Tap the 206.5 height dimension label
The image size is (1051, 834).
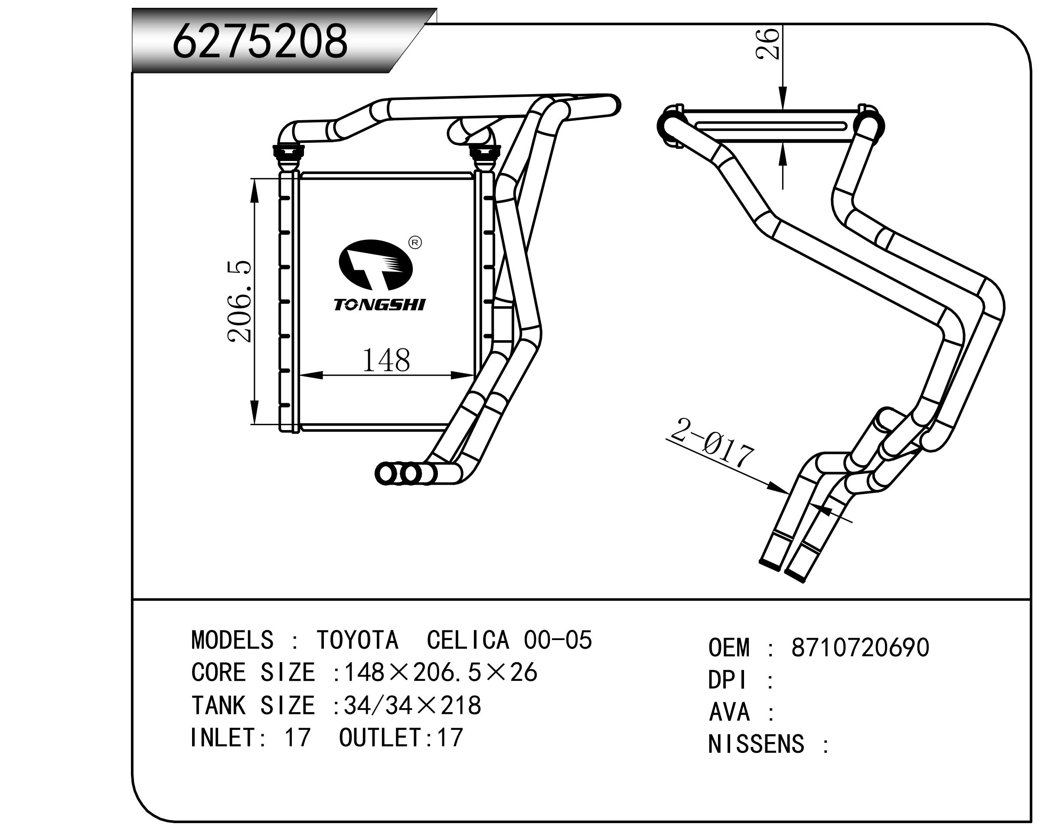(240, 302)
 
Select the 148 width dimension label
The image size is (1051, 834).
(385, 361)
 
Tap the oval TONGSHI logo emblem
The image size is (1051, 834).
(375, 264)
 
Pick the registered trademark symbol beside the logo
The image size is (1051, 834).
(415, 243)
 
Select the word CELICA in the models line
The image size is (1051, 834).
(467, 640)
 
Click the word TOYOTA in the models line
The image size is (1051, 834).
(357, 640)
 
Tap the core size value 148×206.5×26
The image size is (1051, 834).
(441, 673)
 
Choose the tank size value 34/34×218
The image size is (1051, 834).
(412, 705)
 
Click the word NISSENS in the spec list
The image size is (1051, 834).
(755, 744)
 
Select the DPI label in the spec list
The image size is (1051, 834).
(727, 680)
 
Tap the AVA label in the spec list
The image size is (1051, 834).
(729, 712)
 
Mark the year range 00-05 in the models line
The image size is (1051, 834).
(558, 640)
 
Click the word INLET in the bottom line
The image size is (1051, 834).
(222, 737)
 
